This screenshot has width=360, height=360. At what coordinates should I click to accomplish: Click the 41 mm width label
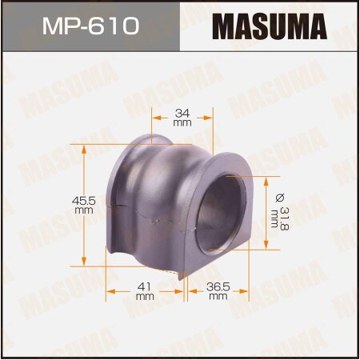point(145,290)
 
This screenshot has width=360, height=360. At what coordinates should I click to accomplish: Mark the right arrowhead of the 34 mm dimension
point(211,118)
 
